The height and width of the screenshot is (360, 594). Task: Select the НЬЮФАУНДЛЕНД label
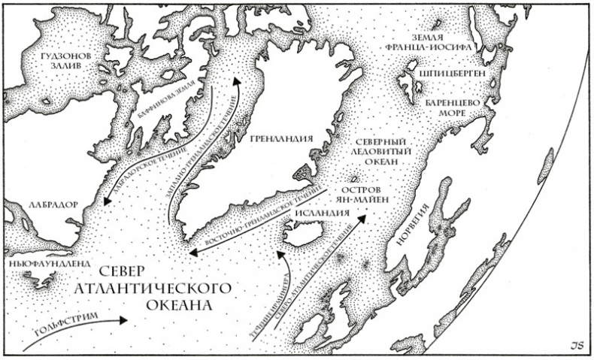[x=46, y=265]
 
